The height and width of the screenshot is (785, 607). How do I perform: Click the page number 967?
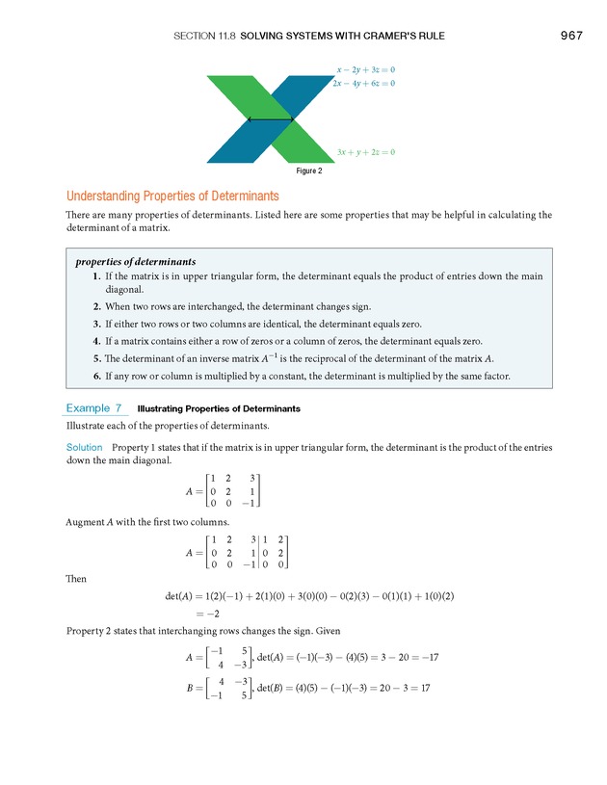click(x=570, y=37)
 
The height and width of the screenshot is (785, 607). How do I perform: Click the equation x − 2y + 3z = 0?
click(x=366, y=69)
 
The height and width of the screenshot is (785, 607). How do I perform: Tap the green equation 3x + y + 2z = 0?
click(x=366, y=152)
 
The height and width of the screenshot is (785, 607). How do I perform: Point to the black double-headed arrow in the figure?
click(x=270, y=119)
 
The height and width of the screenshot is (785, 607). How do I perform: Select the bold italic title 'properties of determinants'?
click(x=135, y=261)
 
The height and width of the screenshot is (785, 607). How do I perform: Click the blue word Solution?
click(x=84, y=448)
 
